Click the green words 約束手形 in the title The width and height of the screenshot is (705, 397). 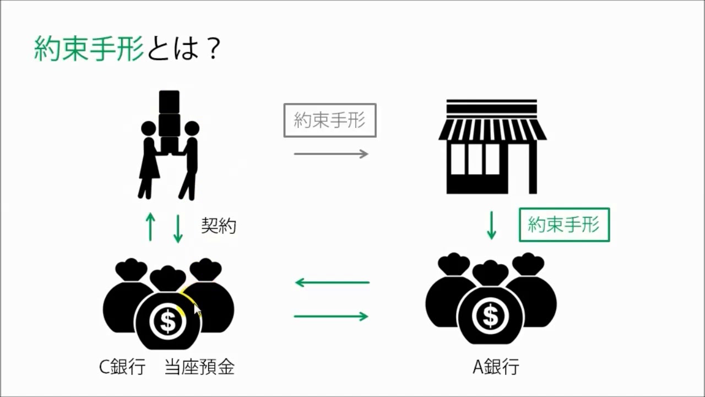point(89,50)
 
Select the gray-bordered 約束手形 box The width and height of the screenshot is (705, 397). point(330,120)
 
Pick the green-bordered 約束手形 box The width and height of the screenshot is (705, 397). point(564,224)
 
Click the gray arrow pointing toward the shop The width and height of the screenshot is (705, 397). point(330,154)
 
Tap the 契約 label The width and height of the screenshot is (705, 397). point(219,226)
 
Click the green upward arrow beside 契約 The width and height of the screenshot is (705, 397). point(150,227)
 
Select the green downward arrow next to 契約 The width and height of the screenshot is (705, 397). point(177,227)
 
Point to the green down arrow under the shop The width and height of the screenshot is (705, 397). point(491,225)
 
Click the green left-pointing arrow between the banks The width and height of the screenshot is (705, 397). point(332,283)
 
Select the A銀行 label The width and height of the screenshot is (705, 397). point(496,367)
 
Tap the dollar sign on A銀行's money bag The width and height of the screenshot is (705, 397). point(490,316)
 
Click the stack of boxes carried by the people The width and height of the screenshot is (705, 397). point(170,119)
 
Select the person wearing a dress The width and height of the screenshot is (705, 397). point(148,160)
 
